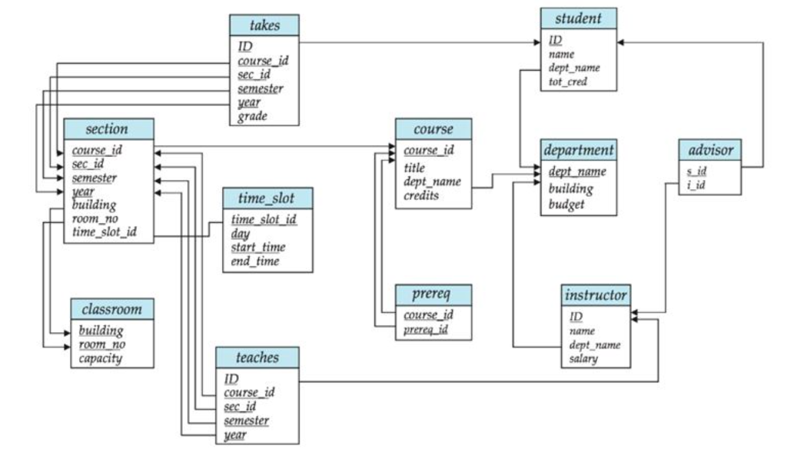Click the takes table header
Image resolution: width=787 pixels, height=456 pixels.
(x=264, y=25)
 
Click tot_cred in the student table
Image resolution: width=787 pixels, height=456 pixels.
(x=568, y=81)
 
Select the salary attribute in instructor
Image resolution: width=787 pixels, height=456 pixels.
(x=583, y=358)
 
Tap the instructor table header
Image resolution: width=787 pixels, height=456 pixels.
(x=596, y=295)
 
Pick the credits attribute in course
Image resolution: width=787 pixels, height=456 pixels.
(x=423, y=196)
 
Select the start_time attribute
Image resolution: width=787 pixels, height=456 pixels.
(x=258, y=247)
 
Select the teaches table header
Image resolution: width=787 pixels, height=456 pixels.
(x=257, y=358)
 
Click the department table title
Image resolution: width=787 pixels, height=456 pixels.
(x=579, y=150)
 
